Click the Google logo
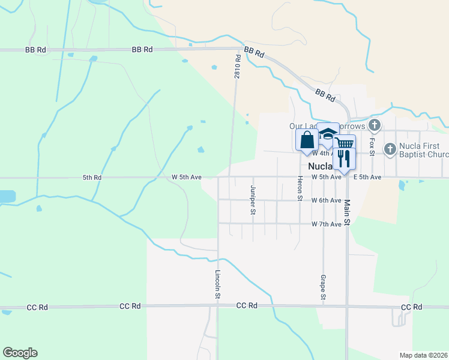[20, 353]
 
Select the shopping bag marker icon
[307, 140]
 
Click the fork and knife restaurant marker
[344, 158]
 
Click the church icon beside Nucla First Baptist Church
[390, 148]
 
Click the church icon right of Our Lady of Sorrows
[375, 125]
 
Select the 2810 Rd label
[238, 67]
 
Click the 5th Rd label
[93, 178]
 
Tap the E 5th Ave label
[367, 177]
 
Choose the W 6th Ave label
[327, 200]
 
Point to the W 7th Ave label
[327, 224]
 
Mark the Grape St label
[323, 288]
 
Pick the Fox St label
[372, 145]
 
